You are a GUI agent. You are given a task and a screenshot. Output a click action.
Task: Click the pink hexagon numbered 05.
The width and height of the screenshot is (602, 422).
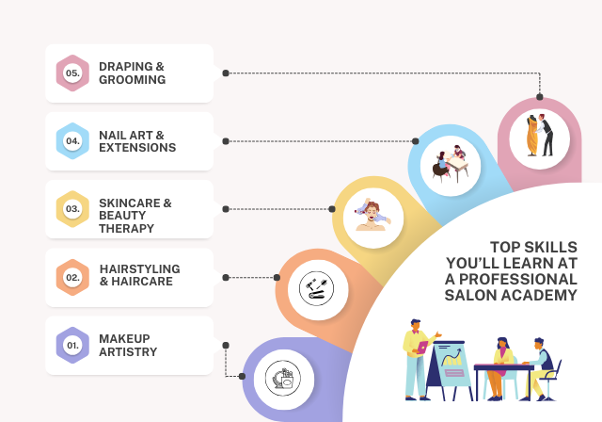point(72,73)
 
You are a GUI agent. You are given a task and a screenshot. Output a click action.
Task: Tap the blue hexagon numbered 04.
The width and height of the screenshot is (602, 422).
point(72,141)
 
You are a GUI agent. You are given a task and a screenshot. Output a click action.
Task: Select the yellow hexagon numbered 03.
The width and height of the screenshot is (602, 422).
point(72,208)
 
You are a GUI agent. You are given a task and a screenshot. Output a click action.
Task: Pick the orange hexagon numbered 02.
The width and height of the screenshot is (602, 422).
point(72,277)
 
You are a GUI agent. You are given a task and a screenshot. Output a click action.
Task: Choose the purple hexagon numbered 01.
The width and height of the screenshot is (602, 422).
point(72,345)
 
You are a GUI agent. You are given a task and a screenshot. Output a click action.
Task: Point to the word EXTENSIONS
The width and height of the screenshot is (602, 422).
point(137,148)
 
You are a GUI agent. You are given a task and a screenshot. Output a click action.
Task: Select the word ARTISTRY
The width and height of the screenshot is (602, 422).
point(128,352)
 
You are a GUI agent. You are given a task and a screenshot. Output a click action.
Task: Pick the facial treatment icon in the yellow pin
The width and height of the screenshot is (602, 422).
point(372,213)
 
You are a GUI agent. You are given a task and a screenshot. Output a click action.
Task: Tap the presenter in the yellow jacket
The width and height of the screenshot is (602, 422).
point(418,354)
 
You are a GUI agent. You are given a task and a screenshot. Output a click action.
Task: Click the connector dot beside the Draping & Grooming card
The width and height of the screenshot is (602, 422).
point(226,73)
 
